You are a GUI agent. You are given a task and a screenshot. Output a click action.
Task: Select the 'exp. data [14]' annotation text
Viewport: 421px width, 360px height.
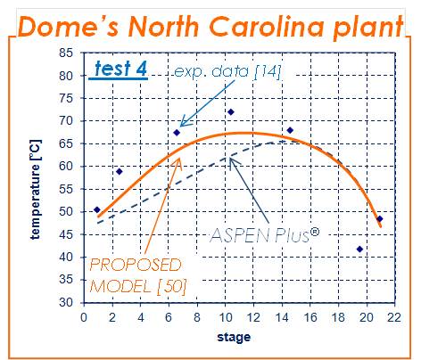click(x=227, y=71)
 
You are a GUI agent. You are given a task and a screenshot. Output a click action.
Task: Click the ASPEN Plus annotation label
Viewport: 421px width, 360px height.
click(x=265, y=235)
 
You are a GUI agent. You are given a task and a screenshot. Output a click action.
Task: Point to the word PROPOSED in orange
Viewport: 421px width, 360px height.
click(x=136, y=265)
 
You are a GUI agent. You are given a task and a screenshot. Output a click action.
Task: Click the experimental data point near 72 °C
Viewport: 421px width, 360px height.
click(x=231, y=112)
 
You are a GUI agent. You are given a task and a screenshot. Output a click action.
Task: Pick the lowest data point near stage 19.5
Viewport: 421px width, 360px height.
click(x=359, y=249)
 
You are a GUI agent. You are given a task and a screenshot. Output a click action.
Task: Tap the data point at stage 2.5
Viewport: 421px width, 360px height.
click(x=120, y=171)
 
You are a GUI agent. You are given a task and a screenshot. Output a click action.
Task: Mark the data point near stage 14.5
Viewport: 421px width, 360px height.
click(x=290, y=130)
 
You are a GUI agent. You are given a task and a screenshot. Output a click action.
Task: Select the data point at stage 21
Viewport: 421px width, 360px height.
click(x=380, y=219)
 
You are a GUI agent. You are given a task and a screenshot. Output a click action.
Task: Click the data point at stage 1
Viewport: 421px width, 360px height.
click(x=97, y=209)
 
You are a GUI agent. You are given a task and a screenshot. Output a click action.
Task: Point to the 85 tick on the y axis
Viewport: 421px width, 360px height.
click(x=66, y=53)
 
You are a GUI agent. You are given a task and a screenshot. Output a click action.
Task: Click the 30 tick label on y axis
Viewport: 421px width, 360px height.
click(x=66, y=302)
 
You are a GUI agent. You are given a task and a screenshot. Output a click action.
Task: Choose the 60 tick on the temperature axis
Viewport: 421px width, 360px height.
click(x=66, y=166)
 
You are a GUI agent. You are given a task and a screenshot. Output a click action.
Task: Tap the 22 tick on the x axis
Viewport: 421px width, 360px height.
click(x=394, y=317)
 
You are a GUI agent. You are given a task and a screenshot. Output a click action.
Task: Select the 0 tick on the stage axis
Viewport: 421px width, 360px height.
click(x=84, y=317)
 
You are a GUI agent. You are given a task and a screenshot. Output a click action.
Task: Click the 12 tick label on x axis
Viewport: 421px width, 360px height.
click(x=253, y=317)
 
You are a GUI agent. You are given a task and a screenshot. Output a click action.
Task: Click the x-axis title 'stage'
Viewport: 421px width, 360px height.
click(x=234, y=337)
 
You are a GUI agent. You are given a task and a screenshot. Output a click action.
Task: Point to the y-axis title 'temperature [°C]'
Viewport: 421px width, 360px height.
click(x=36, y=190)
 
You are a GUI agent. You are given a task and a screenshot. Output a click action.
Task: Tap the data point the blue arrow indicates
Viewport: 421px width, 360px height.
click(x=177, y=133)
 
